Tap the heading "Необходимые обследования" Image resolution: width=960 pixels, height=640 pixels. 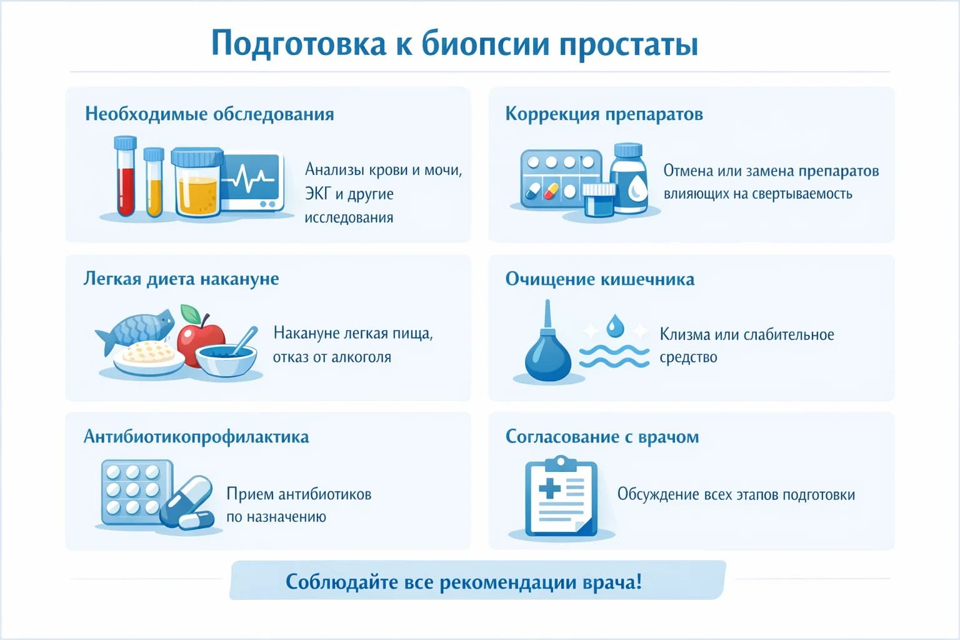coord(209,114)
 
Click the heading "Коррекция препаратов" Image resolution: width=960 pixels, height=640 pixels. coord(604,114)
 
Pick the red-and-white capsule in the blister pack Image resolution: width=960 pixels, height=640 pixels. coord(551,191)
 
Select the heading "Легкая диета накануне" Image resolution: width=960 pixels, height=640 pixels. coord(181,278)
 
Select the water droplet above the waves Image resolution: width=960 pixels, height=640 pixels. coord(615,326)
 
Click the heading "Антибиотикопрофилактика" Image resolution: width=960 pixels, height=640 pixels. coord(196,436)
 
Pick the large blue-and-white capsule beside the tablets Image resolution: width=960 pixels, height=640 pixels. coord(187,500)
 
